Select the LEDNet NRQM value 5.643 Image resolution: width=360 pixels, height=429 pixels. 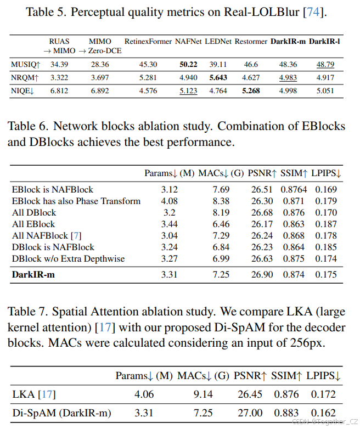click(x=218, y=78)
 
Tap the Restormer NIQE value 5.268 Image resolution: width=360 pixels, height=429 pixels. click(x=251, y=91)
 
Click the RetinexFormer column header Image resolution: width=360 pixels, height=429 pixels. click(x=148, y=41)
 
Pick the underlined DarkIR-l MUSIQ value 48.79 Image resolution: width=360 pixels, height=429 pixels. click(x=325, y=65)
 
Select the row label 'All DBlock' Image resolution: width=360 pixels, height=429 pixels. click(x=32, y=213)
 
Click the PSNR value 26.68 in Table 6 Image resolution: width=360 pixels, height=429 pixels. click(x=262, y=213)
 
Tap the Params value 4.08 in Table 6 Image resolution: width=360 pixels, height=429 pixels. click(x=169, y=201)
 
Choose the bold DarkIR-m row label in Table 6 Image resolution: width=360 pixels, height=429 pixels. click(x=33, y=275)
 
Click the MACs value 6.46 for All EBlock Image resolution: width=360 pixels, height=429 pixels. click(x=221, y=224)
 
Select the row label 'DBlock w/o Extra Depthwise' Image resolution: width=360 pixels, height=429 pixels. click(x=68, y=259)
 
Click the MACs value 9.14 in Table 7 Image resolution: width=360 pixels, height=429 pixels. click(x=202, y=394)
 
